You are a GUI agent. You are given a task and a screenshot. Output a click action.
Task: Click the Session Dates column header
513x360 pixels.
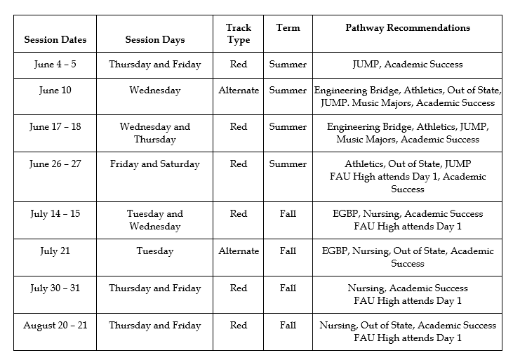pos(54,40)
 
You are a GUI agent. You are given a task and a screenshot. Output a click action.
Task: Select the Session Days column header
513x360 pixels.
pos(154,40)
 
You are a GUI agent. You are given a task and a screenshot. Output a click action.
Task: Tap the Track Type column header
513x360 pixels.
pos(239,34)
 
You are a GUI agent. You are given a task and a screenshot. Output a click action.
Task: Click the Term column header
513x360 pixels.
pos(288,28)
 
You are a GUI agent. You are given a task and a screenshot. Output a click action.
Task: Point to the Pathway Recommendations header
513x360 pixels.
pos(407,28)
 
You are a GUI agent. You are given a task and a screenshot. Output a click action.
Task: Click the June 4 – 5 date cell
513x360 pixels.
pos(54,65)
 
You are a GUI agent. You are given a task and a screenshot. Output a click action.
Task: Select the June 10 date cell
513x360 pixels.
pos(54,91)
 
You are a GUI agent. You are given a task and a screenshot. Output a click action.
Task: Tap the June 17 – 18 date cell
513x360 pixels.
pos(54,127)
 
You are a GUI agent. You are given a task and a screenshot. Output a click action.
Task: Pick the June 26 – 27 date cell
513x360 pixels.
pos(54,164)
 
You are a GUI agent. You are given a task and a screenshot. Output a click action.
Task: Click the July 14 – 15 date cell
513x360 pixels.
pos(54,214)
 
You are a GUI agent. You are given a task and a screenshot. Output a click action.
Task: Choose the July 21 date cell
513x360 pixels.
pos(54,251)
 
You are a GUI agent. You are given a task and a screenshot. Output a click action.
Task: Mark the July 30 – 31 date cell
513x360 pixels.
pos(54,288)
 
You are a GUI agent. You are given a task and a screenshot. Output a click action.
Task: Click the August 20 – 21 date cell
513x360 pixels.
pos(54,326)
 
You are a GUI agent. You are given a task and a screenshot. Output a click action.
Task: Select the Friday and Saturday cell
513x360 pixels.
pos(154,164)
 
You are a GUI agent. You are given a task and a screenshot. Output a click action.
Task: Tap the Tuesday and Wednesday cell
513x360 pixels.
pos(154,220)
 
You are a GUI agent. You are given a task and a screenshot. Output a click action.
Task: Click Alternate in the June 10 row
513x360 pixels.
pos(239,91)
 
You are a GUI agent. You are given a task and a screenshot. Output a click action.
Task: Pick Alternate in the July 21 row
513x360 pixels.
pos(239,251)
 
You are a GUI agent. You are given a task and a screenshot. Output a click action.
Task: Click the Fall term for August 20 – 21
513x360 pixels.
pos(288,326)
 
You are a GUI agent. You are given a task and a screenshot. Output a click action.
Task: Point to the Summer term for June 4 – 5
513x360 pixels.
pos(288,65)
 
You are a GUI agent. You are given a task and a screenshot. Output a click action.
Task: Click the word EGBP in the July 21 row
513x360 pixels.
pos(335,251)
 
